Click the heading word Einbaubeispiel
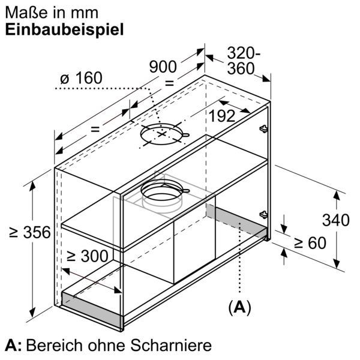click(64, 30)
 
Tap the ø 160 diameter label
click(81, 79)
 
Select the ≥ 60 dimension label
click(309, 243)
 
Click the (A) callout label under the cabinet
click(239, 308)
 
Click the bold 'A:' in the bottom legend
click(13, 346)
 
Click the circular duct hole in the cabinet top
click(161, 136)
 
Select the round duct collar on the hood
click(162, 194)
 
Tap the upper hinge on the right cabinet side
click(262, 128)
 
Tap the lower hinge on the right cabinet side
click(262, 214)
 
